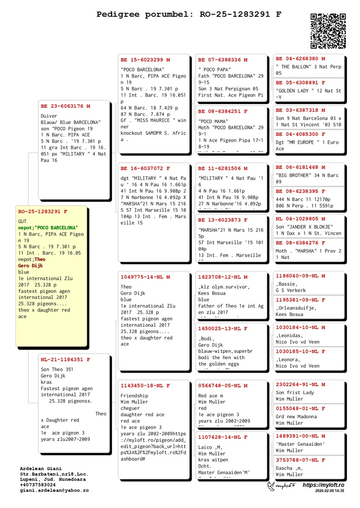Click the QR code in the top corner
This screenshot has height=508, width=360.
[x=328, y=31]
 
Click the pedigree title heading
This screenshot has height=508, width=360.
[x=189, y=14]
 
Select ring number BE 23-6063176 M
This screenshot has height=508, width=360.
[x=66, y=107]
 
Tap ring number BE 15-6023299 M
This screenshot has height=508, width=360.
[x=145, y=59]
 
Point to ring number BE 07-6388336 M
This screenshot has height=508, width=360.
[x=223, y=59]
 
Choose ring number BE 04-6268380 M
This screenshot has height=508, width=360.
[x=301, y=58]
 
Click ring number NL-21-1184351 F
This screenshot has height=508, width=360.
[x=66, y=360]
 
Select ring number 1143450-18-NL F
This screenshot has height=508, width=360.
[x=145, y=386]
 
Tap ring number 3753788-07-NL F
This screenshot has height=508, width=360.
[x=301, y=460]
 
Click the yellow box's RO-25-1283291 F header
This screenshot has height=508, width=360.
[x=43, y=211]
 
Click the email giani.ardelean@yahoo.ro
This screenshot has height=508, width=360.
[x=54, y=490]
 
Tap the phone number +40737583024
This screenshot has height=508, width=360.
[x=38, y=485]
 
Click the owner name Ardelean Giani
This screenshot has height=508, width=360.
[x=41, y=468]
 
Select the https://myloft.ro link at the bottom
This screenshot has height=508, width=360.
[x=323, y=485]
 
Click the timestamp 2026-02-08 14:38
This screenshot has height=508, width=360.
[x=330, y=491]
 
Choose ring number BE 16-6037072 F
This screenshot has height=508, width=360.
[x=145, y=168]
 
